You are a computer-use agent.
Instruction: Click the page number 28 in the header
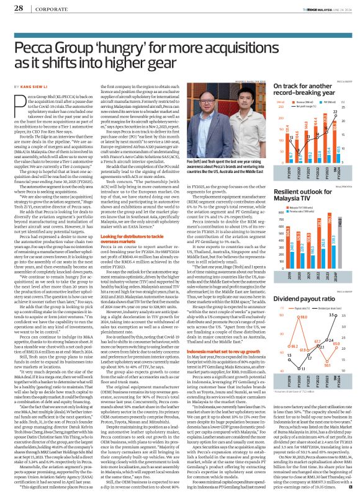click(18, 8)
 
